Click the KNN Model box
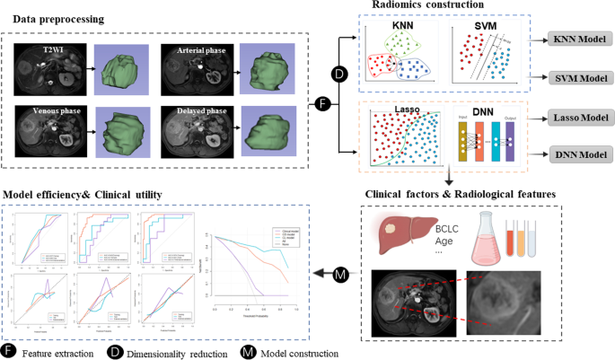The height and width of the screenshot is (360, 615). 578,41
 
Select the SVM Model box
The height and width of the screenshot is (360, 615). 578,79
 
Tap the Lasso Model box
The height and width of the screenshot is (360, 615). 578,118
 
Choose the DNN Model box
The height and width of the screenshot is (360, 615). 578,154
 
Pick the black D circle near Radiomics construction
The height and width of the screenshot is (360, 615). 339,72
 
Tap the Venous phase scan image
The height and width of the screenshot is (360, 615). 45,134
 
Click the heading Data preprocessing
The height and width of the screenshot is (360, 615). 51,19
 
